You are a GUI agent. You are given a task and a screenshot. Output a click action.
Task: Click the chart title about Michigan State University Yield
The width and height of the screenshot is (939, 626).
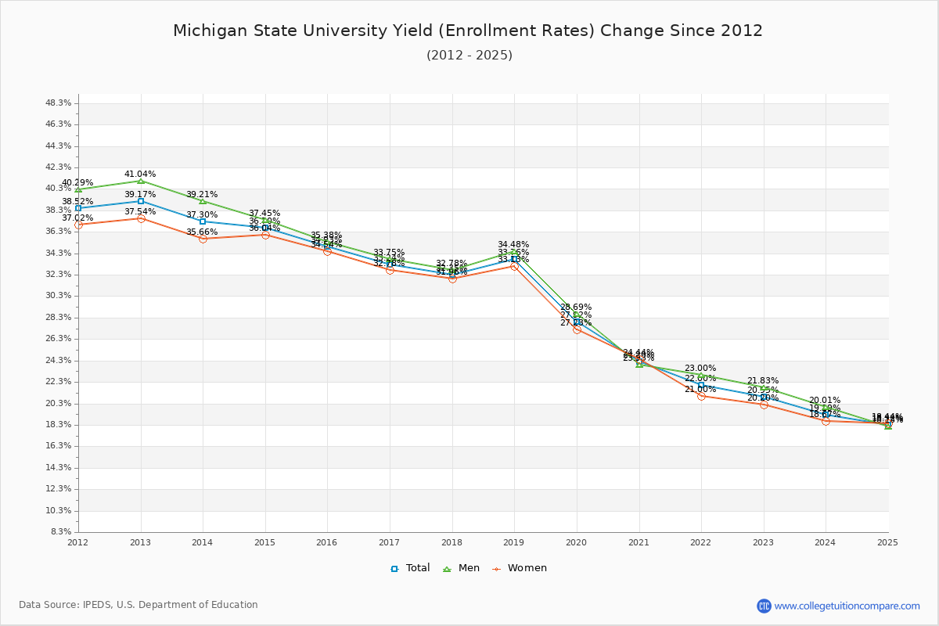[468, 31]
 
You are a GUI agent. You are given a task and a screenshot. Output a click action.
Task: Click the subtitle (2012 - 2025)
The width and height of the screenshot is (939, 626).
[469, 55]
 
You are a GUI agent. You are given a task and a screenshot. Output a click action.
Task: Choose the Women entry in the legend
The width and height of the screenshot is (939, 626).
[520, 568]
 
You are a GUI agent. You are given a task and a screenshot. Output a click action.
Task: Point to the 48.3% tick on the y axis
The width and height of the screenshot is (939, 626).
[59, 103]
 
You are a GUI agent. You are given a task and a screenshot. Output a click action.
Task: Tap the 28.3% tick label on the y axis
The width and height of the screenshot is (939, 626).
[59, 317]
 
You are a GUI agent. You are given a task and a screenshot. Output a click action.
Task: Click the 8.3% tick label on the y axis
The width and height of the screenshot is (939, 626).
[61, 531]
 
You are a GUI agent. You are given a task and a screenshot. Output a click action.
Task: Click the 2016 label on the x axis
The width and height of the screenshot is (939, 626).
[327, 541]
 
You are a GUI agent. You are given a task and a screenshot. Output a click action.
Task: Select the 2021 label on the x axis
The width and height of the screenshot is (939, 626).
[639, 541]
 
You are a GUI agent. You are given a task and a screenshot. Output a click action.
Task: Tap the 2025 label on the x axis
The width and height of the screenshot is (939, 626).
[887, 541]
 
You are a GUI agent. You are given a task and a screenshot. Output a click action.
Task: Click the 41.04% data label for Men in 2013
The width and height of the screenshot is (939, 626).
[140, 174]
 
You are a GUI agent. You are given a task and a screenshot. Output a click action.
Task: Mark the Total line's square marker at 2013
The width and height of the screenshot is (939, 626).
[141, 201]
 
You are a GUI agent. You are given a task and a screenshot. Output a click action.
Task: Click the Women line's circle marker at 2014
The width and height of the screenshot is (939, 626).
[203, 239]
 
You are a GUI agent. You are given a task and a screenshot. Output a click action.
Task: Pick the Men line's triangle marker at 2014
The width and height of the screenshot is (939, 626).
[203, 201]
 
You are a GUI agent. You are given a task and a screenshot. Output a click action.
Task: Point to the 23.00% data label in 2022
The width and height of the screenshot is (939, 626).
[700, 368]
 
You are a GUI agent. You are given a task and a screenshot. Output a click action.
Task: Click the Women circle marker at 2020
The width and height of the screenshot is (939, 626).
[577, 329]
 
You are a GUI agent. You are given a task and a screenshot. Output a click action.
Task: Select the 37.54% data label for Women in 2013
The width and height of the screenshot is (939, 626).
[140, 211]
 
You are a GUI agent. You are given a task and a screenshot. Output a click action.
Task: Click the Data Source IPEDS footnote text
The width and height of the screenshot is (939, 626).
[139, 605]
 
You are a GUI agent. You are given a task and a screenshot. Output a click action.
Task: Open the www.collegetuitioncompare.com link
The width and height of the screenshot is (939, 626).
[847, 606]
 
